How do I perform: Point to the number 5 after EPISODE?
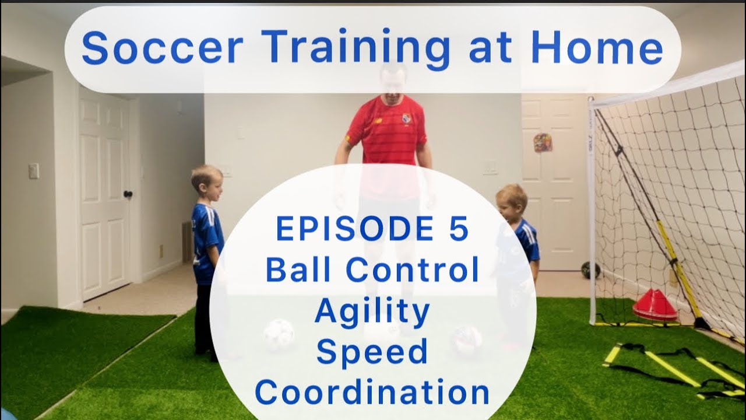[459, 229]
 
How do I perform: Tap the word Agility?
[372, 311]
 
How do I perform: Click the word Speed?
[372, 352]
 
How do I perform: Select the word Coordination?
[372, 393]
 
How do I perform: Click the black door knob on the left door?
[128, 194]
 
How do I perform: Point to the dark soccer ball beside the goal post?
[590, 270]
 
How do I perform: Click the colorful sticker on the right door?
[543, 142]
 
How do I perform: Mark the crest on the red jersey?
[406, 118]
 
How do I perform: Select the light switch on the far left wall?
[34, 170]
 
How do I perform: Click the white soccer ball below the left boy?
[278, 334]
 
